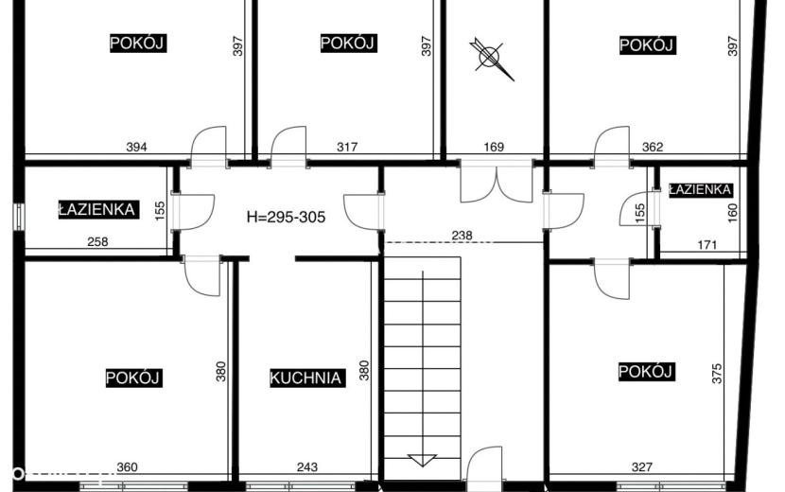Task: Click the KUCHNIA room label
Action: pos(305,378)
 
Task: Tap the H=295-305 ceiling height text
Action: pos(286,217)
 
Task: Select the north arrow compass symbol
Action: pos(491,58)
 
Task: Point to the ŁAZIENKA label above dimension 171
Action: pos(700,189)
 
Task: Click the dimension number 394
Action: pos(136,147)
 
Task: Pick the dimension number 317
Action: pos(347,147)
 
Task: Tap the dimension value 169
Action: pos(494,147)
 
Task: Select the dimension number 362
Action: pos(653,147)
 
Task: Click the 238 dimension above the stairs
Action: pos(462,235)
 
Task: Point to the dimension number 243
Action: pos(306,467)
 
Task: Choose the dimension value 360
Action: pos(127,467)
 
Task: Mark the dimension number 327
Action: pos(642,467)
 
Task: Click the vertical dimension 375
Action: pos(717,374)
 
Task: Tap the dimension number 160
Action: pos(732,213)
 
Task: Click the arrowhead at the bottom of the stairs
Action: pos(422,460)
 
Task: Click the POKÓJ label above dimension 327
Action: pos(645,371)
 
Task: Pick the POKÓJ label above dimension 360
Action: pos(132,378)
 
